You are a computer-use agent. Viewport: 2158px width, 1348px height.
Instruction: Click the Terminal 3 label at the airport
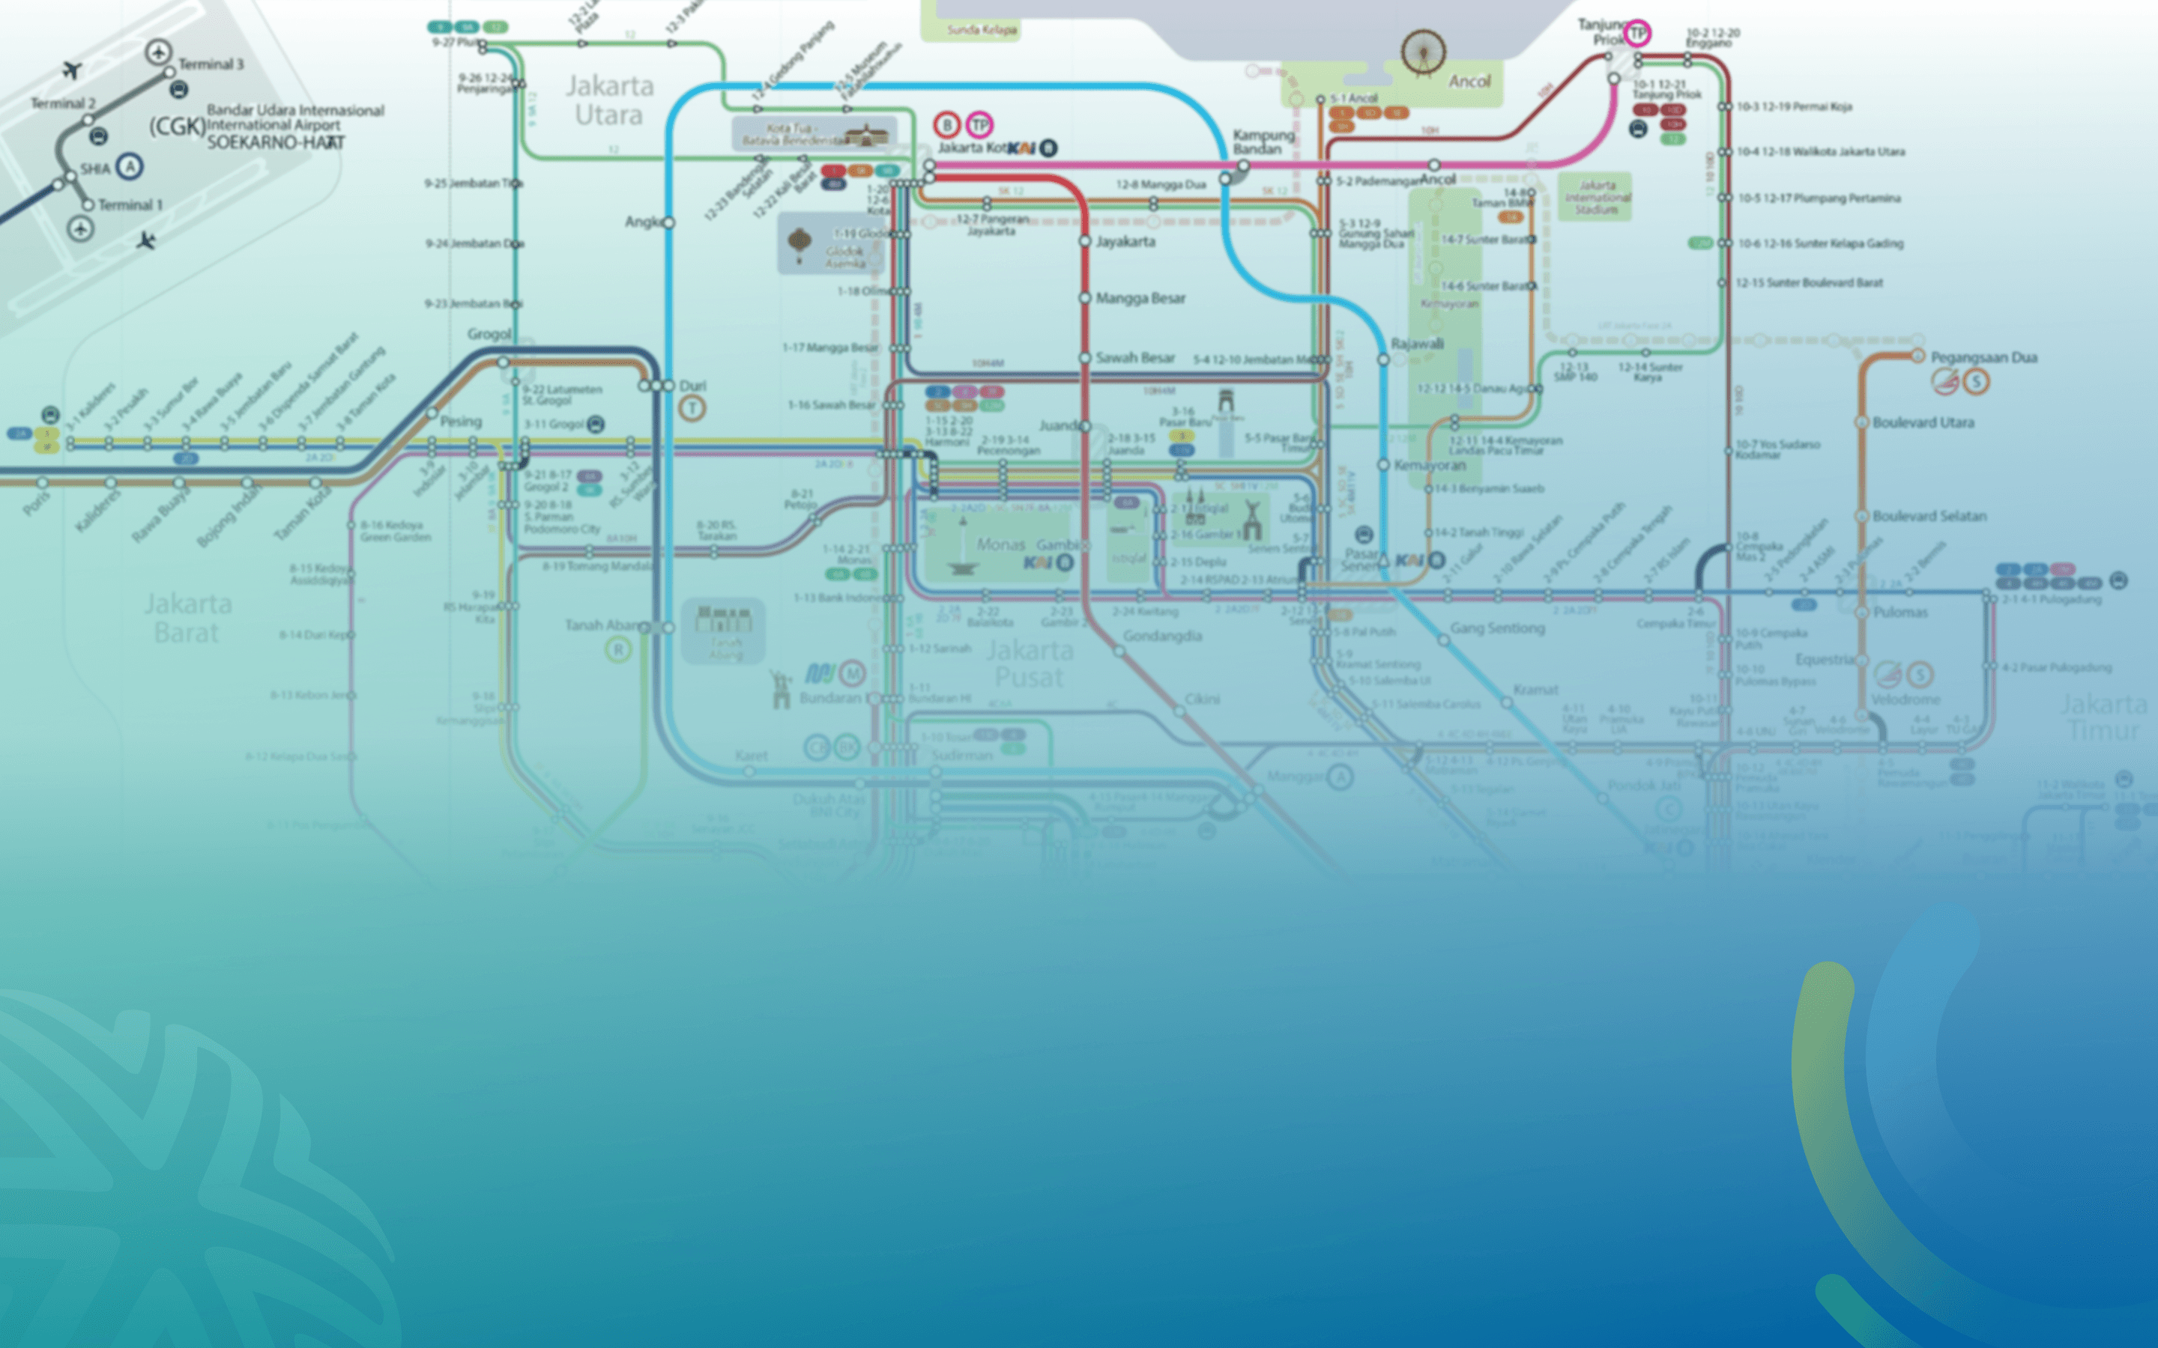(x=211, y=64)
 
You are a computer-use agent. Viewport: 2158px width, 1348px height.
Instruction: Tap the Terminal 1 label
(x=130, y=205)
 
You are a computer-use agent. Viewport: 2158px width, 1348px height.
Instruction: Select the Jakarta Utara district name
(x=609, y=100)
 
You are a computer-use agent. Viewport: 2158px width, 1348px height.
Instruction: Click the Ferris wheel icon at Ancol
(x=1422, y=52)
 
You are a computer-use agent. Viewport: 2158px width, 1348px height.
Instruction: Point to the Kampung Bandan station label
(x=1263, y=141)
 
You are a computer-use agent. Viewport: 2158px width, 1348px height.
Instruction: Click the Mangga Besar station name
(x=1140, y=299)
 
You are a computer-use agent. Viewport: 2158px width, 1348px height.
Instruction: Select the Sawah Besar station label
(x=1135, y=357)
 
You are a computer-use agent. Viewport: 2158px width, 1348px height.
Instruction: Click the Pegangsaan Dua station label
(x=1983, y=357)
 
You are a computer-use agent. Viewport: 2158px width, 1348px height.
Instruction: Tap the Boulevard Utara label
(x=1923, y=422)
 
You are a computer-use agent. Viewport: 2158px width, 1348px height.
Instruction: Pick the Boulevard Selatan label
(x=1929, y=516)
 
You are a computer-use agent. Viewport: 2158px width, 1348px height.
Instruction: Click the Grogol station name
(x=489, y=334)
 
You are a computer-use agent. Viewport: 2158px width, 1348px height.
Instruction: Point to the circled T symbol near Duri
(x=692, y=408)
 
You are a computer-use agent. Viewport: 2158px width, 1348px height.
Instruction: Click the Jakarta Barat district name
(x=187, y=618)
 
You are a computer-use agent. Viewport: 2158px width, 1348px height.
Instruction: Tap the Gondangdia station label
(x=1162, y=636)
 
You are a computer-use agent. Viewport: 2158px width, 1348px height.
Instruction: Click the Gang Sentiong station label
(x=1497, y=628)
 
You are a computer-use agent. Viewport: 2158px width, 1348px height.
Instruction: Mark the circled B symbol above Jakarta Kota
(x=947, y=125)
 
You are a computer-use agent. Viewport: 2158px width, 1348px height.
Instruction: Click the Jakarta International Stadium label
(x=1595, y=197)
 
